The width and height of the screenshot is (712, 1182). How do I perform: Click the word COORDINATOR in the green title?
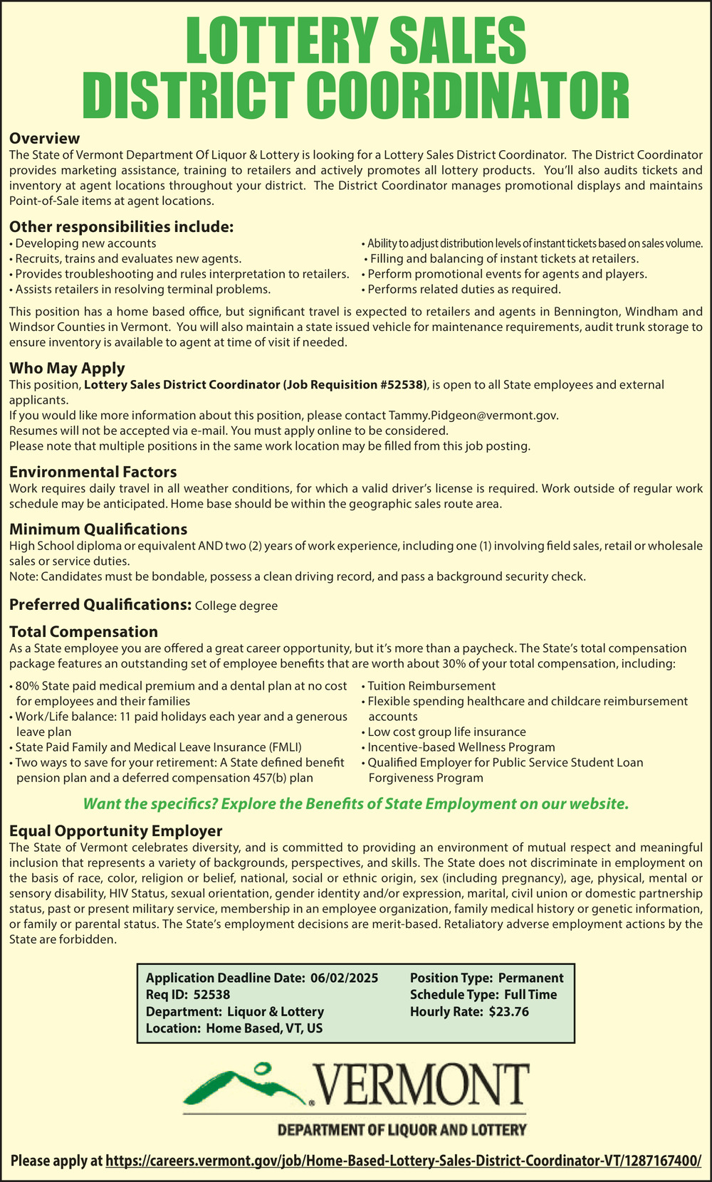(471, 96)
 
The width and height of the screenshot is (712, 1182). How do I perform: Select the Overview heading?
(44, 138)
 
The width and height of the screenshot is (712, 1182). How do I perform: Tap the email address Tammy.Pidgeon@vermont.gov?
(473, 416)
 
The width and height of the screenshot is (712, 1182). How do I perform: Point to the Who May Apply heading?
(67, 368)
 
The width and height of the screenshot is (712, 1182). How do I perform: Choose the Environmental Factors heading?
(93, 472)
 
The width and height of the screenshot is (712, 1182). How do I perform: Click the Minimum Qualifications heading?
(98, 529)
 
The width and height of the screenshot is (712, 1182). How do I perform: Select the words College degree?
(236, 606)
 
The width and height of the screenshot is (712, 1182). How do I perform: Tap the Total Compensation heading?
(83, 631)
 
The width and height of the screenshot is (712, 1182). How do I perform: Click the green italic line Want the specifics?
(356, 804)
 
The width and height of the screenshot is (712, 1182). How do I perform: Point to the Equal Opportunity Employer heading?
(116, 830)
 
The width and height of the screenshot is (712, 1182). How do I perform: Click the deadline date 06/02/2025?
(345, 978)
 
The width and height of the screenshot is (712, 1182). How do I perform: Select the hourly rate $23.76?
(509, 1011)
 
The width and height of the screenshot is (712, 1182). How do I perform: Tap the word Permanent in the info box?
(530, 978)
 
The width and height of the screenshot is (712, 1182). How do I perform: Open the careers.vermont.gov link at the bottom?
(404, 1161)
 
